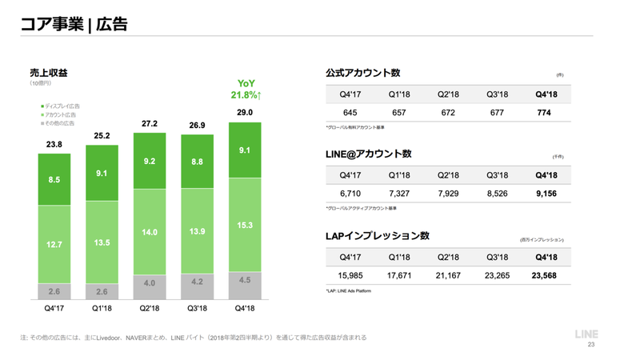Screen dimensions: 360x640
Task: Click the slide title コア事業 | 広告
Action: tap(73, 24)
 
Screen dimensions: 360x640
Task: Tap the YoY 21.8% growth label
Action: tap(246, 90)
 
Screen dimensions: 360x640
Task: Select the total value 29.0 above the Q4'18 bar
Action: tap(245, 113)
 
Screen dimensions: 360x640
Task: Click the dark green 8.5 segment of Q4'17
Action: tap(54, 180)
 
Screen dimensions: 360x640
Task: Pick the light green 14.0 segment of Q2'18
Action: tap(150, 232)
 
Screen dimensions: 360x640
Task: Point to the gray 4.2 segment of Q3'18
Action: tap(198, 282)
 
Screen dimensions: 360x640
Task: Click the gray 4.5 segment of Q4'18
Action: tap(245, 280)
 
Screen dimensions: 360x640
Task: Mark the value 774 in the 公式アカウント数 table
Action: tap(545, 113)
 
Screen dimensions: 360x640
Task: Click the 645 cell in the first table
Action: tap(350, 113)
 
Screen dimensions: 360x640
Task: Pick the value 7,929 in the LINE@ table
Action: tap(447, 194)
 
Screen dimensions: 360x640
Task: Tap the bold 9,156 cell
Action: tap(545, 194)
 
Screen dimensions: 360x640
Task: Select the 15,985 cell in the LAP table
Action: tap(350, 276)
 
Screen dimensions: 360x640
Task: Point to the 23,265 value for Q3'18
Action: tap(496, 276)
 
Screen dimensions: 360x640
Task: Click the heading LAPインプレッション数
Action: tap(377, 236)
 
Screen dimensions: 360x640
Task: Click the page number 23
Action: tap(591, 346)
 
